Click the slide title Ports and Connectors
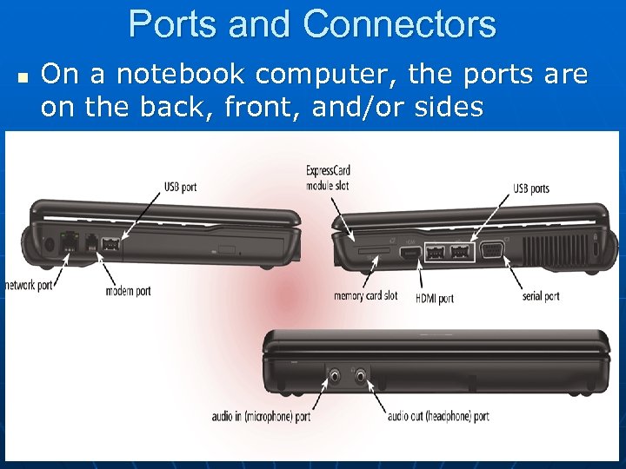(312, 24)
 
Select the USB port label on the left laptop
(180, 187)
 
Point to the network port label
(29, 285)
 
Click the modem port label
(128, 290)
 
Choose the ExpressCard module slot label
(328, 177)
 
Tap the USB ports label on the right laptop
(530, 188)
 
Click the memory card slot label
(365, 295)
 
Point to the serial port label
(541, 296)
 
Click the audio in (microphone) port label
(261, 416)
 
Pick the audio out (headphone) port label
(438, 416)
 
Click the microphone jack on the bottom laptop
(336, 377)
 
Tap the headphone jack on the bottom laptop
(360, 377)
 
